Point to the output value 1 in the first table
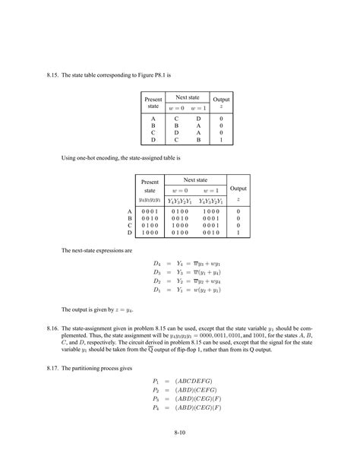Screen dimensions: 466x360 221,140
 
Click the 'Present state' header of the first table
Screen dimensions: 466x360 153,102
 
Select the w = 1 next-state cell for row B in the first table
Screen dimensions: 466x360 200,125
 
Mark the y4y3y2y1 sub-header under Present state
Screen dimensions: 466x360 150,200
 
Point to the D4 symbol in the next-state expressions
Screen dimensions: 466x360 158,265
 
